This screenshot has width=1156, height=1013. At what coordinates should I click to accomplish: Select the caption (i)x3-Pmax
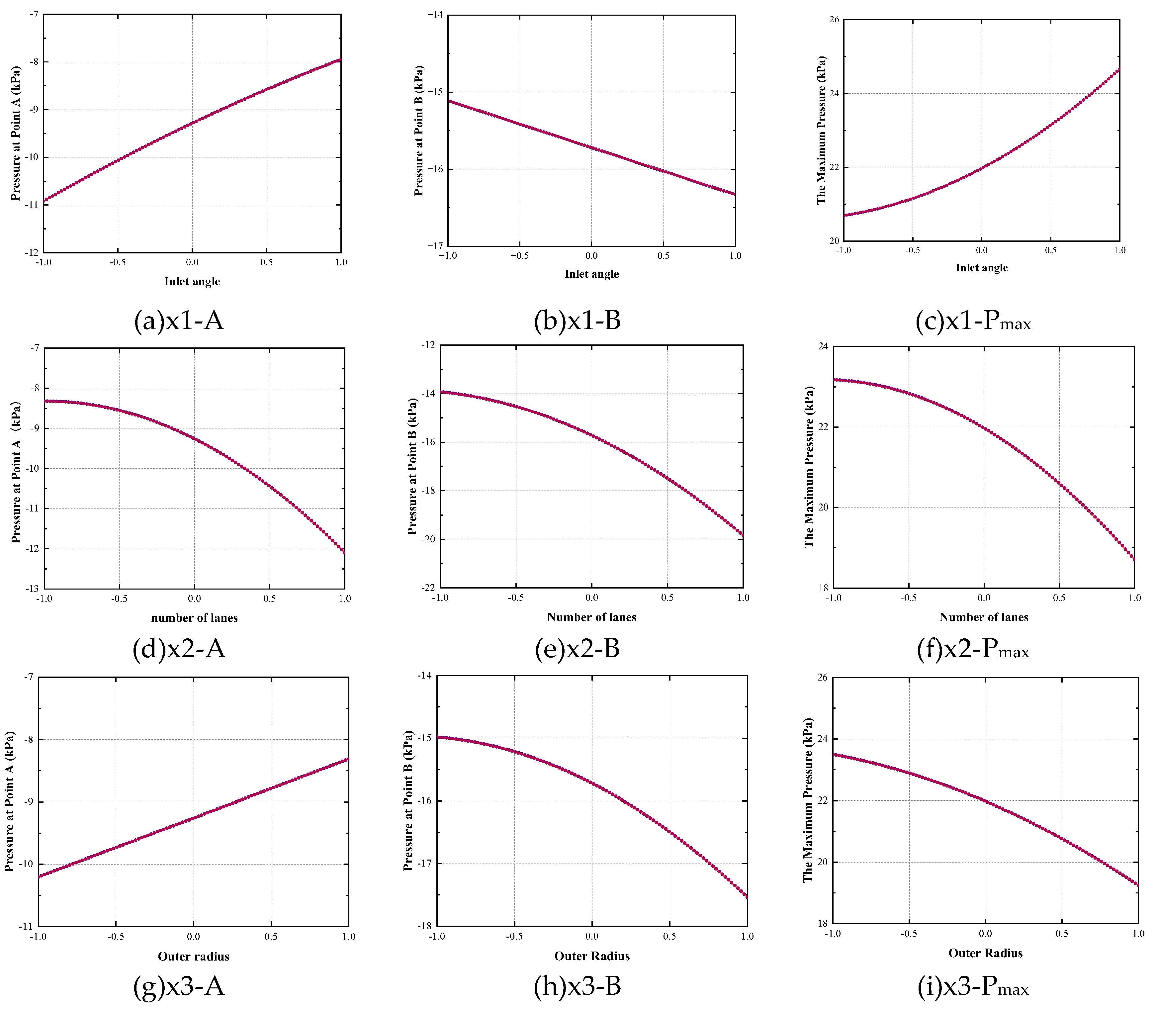click(x=973, y=986)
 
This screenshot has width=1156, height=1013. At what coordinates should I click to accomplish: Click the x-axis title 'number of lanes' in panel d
click(x=195, y=618)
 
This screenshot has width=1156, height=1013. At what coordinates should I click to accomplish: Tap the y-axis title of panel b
click(x=418, y=131)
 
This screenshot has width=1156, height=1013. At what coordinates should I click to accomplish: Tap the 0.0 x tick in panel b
click(x=591, y=255)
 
